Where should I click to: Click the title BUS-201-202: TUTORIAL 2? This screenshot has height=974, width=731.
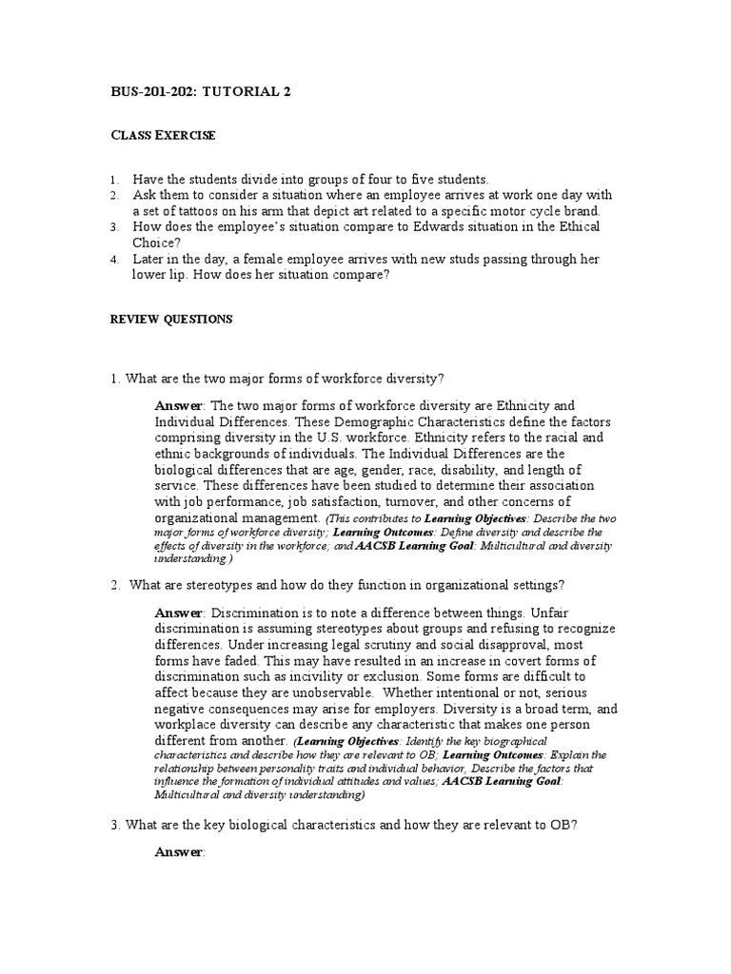coord(202,92)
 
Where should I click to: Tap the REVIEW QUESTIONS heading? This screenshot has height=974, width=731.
coord(171,320)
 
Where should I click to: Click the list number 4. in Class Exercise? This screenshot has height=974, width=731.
coord(114,260)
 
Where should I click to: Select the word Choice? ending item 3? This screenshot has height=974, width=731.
coord(156,243)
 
